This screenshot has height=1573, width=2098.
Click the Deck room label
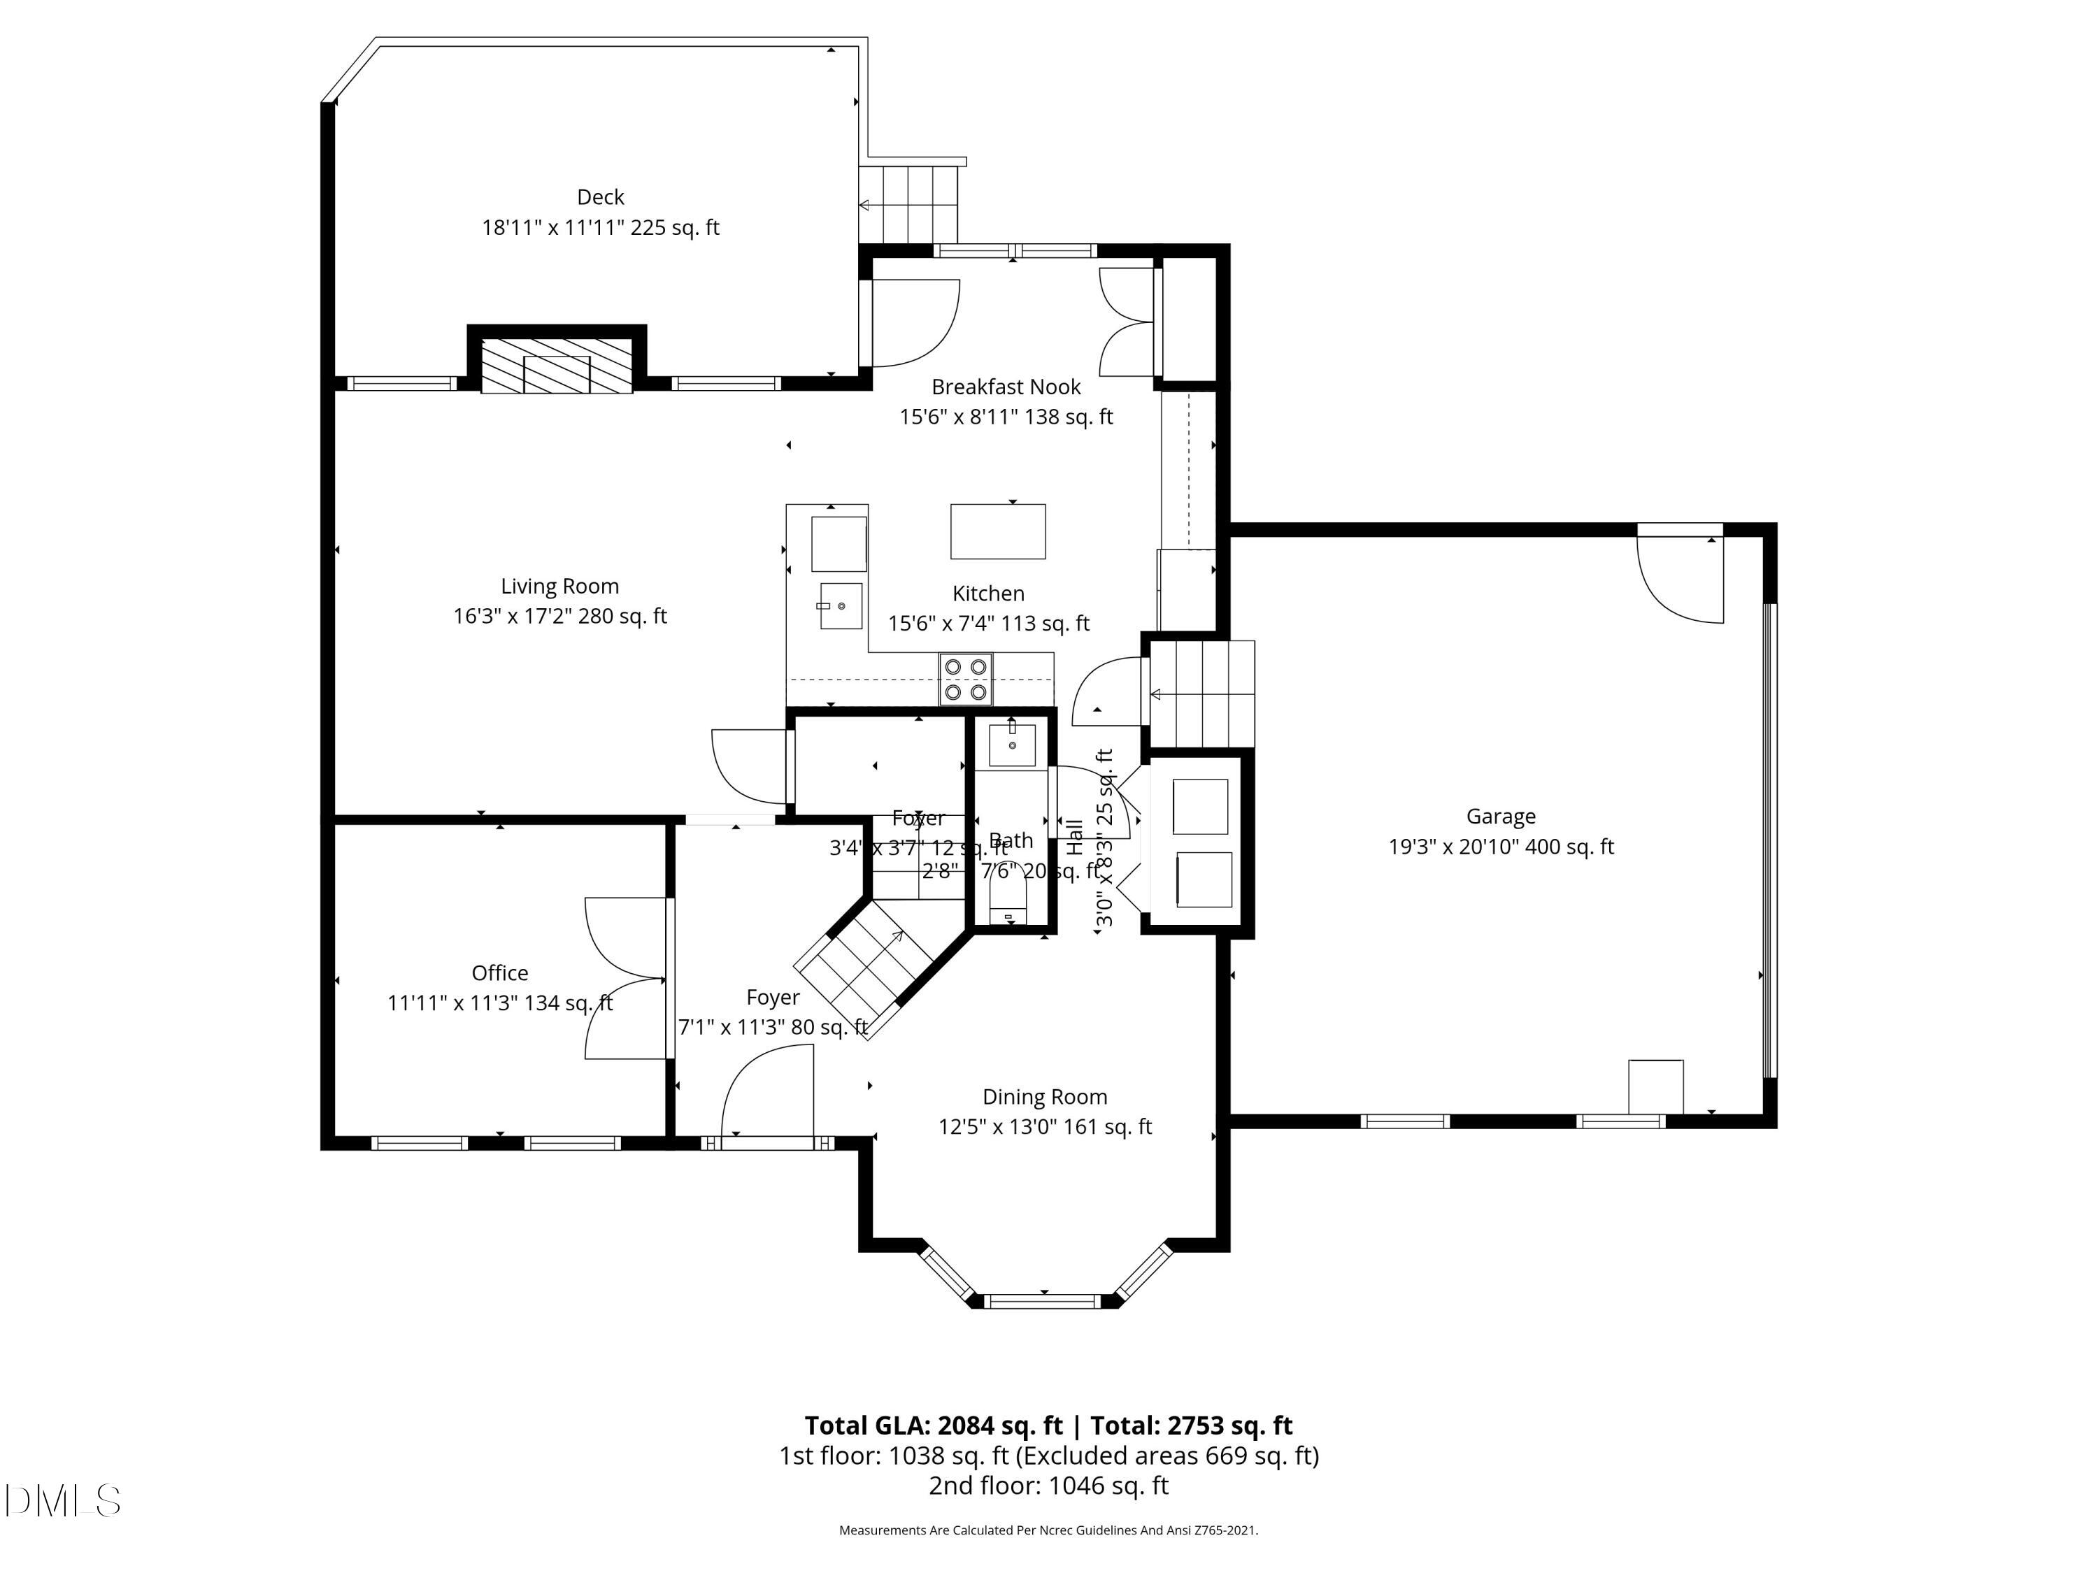600,197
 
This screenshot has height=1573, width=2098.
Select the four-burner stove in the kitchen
966,679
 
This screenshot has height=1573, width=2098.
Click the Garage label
1501,817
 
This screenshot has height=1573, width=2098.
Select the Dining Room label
1044,1097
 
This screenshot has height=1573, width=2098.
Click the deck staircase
908,204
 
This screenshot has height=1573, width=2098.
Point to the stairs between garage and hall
1201,694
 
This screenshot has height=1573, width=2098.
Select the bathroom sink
1012,745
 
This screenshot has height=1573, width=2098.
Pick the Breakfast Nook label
1006,387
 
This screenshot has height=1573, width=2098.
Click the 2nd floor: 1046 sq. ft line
1048,1486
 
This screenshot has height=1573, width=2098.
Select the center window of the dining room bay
1044,1301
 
